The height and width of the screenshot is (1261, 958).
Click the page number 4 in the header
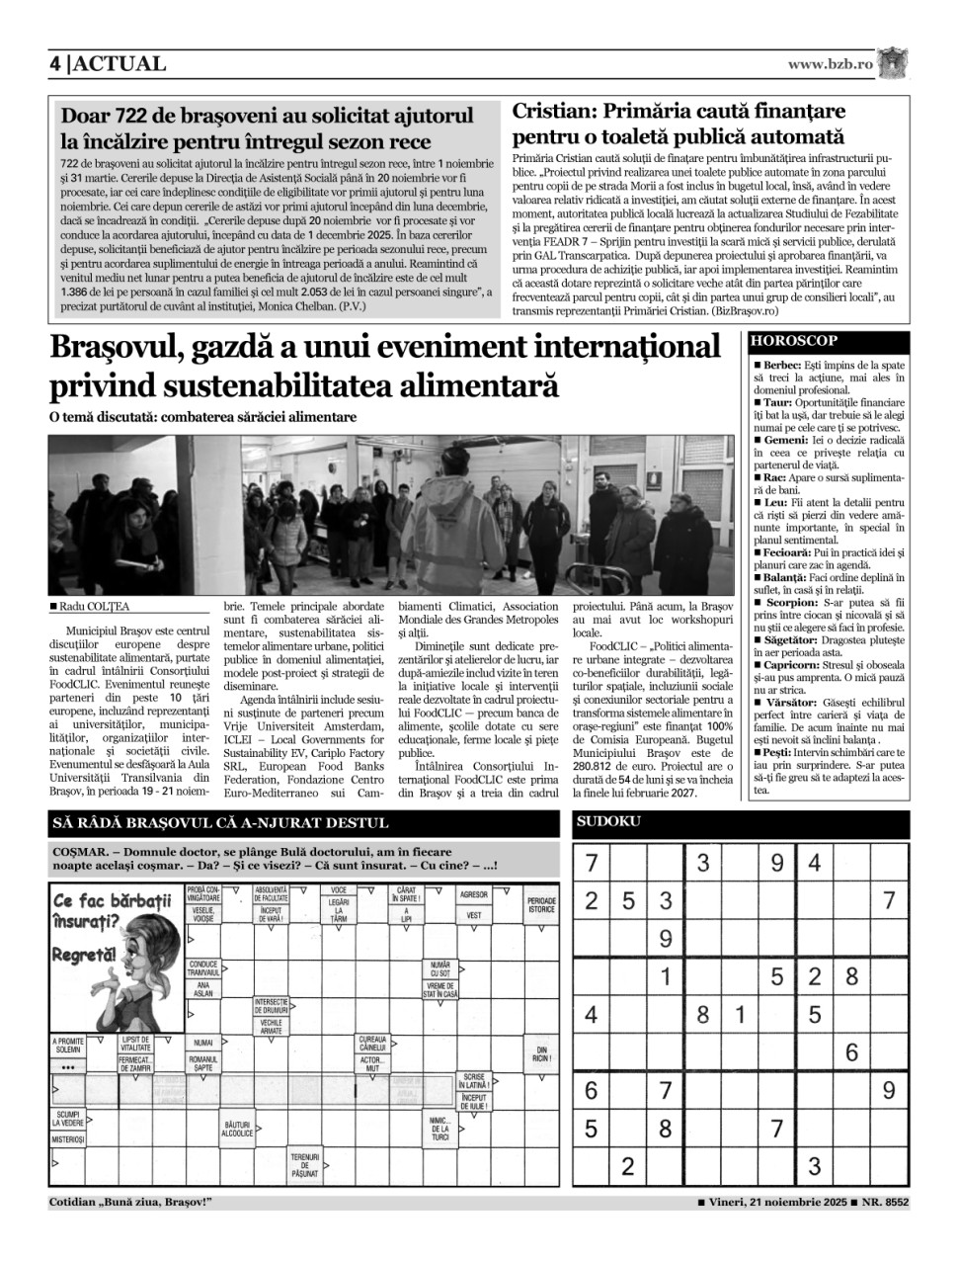click(x=55, y=64)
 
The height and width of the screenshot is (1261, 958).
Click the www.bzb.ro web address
click(x=831, y=64)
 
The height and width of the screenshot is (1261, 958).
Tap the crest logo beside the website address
click(x=894, y=63)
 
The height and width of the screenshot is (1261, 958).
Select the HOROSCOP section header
click(x=794, y=341)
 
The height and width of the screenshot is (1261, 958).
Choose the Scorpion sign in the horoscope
click(x=788, y=602)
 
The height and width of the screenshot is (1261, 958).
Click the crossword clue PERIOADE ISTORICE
click(x=541, y=904)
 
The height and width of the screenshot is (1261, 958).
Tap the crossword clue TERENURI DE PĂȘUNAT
click(x=304, y=1166)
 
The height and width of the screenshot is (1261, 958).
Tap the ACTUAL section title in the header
click(x=120, y=64)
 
